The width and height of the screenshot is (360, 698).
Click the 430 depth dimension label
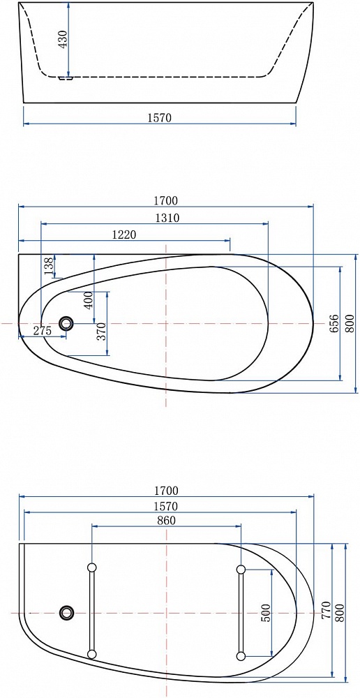tap(63, 39)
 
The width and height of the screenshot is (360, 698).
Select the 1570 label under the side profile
tap(159, 117)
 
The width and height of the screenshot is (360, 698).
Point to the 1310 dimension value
tap(167, 218)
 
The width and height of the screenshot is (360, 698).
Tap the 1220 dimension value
tap(123, 235)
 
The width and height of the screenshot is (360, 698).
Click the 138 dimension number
tap(49, 265)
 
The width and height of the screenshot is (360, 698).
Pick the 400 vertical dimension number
tap(88, 300)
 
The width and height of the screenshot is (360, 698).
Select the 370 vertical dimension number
tap(101, 332)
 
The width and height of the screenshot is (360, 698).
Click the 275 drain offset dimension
tap(43, 330)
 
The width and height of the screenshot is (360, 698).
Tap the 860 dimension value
tap(167, 519)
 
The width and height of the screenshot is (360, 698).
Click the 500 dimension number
tap(265, 613)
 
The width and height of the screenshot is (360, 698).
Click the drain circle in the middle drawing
tap(66, 323)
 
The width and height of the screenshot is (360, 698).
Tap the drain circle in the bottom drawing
tap(67, 613)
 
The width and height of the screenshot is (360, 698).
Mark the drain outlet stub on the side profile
tap(66, 78)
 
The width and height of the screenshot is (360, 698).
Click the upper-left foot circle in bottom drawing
tap(92, 567)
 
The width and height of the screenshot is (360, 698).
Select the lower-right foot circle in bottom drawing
tap(241, 655)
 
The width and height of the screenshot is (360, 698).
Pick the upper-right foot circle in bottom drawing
tap(241, 569)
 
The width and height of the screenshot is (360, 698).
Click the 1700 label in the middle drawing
tap(166, 201)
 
